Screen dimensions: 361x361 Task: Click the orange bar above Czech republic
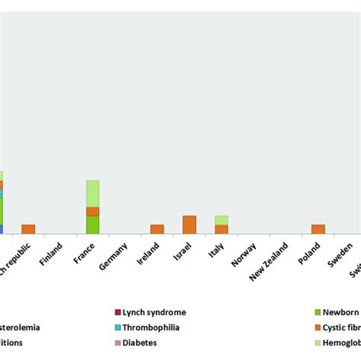[x=28, y=228]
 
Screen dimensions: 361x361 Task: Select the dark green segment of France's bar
[x=92, y=225]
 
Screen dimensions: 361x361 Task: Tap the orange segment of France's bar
[x=92, y=211]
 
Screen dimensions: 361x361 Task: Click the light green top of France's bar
[x=92, y=193]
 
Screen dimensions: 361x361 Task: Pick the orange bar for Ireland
[x=157, y=228]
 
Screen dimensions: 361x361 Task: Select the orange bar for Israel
[x=190, y=225]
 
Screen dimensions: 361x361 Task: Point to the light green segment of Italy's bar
[x=222, y=220]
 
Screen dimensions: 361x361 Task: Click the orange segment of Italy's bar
[x=222, y=228]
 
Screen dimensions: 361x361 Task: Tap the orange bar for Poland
[x=318, y=228]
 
